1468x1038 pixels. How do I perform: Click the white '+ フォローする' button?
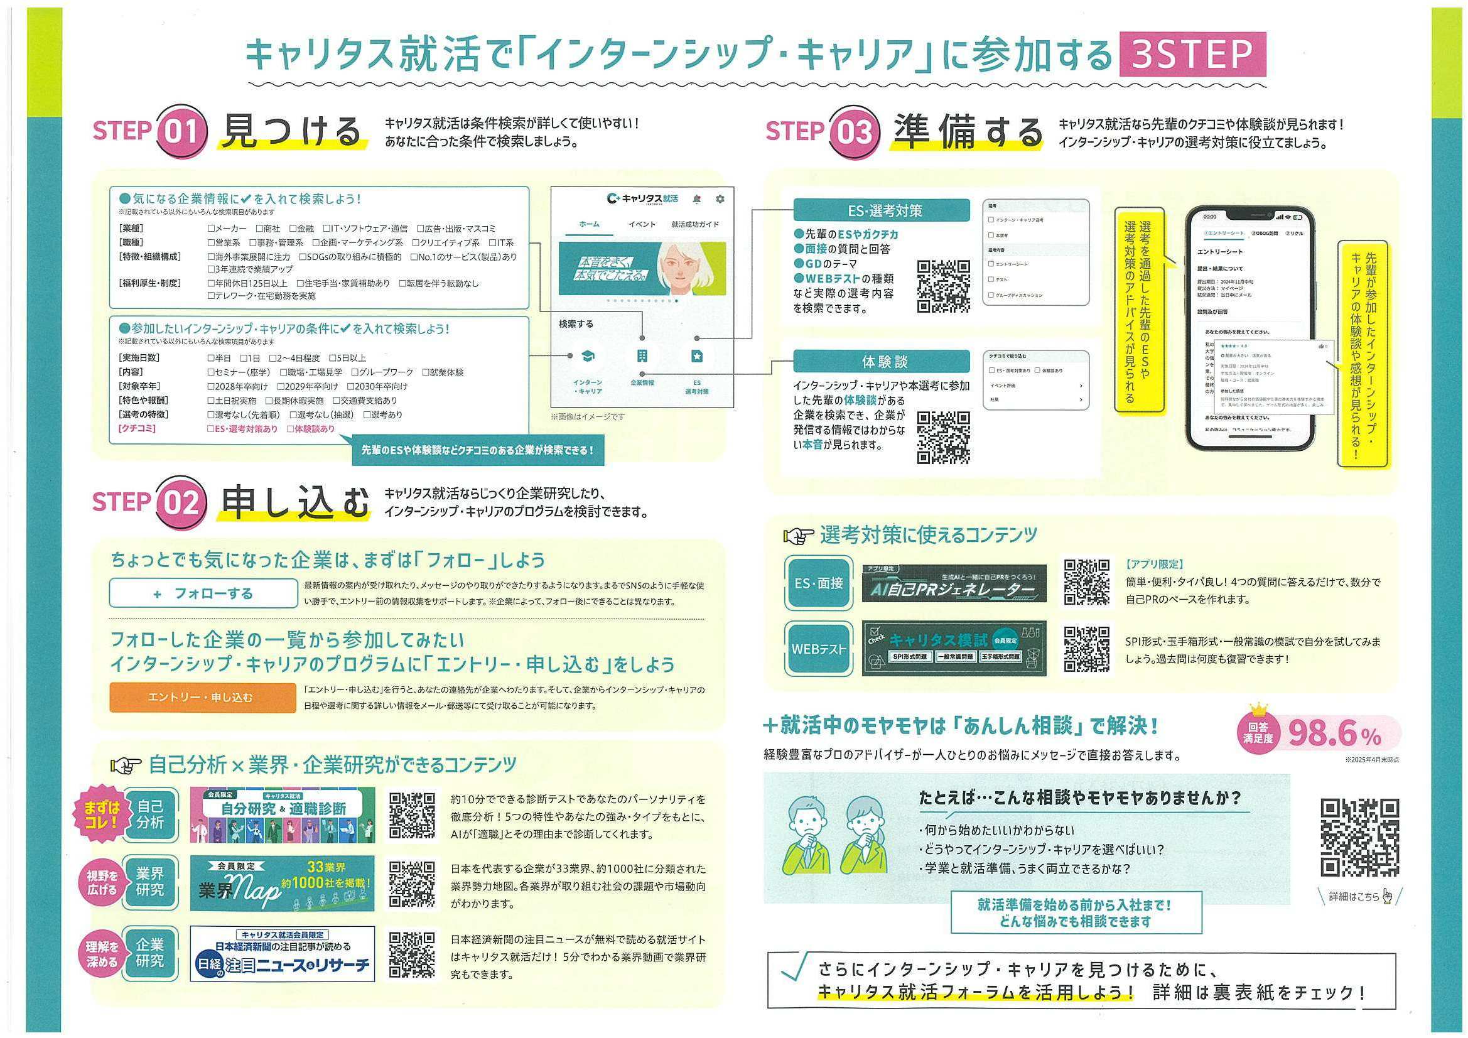[203, 593]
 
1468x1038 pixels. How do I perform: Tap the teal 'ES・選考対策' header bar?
[885, 210]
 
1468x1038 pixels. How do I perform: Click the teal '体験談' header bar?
[885, 362]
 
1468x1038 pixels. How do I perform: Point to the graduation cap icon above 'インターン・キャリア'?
[587, 356]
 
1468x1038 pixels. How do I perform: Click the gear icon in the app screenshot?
[720, 199]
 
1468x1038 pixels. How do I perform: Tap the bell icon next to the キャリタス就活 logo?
[697, 199]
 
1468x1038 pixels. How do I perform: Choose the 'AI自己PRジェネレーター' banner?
[954, 584]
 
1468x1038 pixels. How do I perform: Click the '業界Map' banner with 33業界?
[282, 884]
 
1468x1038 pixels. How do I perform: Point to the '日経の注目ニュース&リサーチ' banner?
[282, 954]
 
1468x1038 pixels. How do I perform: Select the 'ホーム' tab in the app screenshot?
[589, 224]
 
